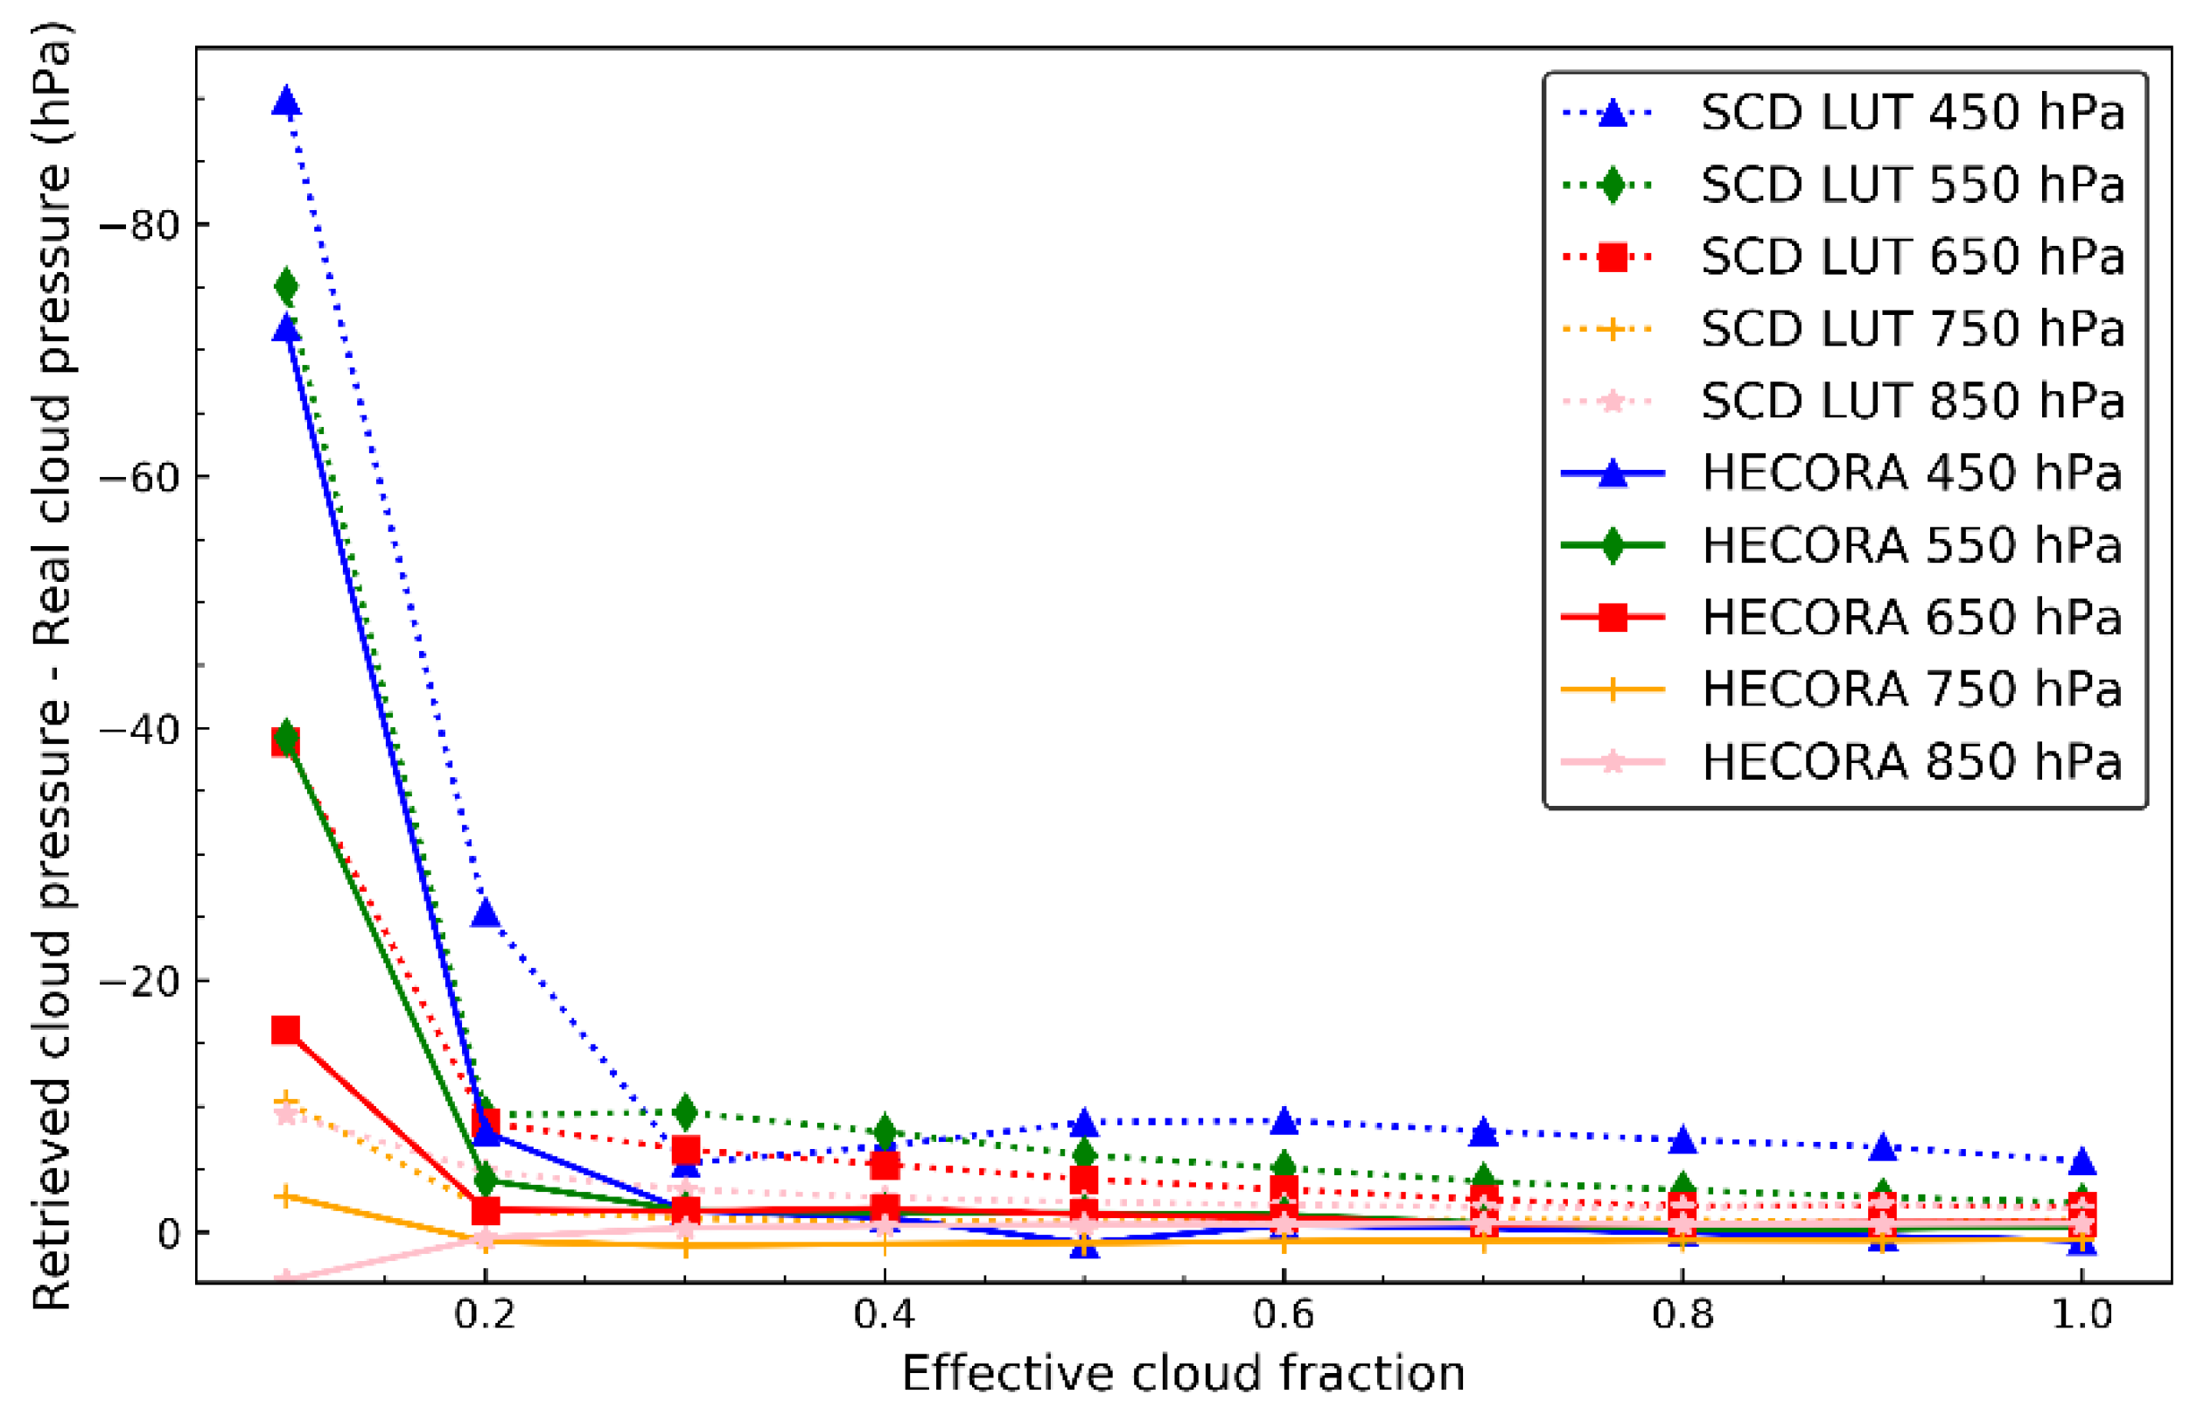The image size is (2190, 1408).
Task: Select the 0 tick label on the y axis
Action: pyautogui.click(x=169, y=1233)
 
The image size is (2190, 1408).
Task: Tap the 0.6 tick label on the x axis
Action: pyautogui.click(x=1283, y=1314)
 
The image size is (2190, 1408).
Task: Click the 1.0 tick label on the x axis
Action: pyautogui.click(x=2082, y=1314)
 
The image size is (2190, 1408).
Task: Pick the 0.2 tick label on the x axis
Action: pyautogui.click(x=486, y=1314)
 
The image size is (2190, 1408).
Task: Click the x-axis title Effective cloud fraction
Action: pyautogui.click(x=1183, y=1374)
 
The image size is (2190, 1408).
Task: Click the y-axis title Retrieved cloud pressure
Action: pyautogui.click(x=52, y=668)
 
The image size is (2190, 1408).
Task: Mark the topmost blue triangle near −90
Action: pyautogui.click(x=286, y=102)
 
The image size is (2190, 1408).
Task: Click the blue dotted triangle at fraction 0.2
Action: pyautogui.click(x=486, y=913)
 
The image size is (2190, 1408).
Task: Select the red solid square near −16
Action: pyautogui.click(x=285, y=1030)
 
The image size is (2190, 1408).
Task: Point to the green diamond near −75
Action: pyautogui.click(x=286, y=287)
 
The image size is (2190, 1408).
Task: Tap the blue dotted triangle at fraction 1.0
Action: pyautogui.click(x=2082, y=1162)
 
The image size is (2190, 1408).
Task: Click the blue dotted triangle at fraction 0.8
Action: pyautogui.click(x=1682, y=1141)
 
